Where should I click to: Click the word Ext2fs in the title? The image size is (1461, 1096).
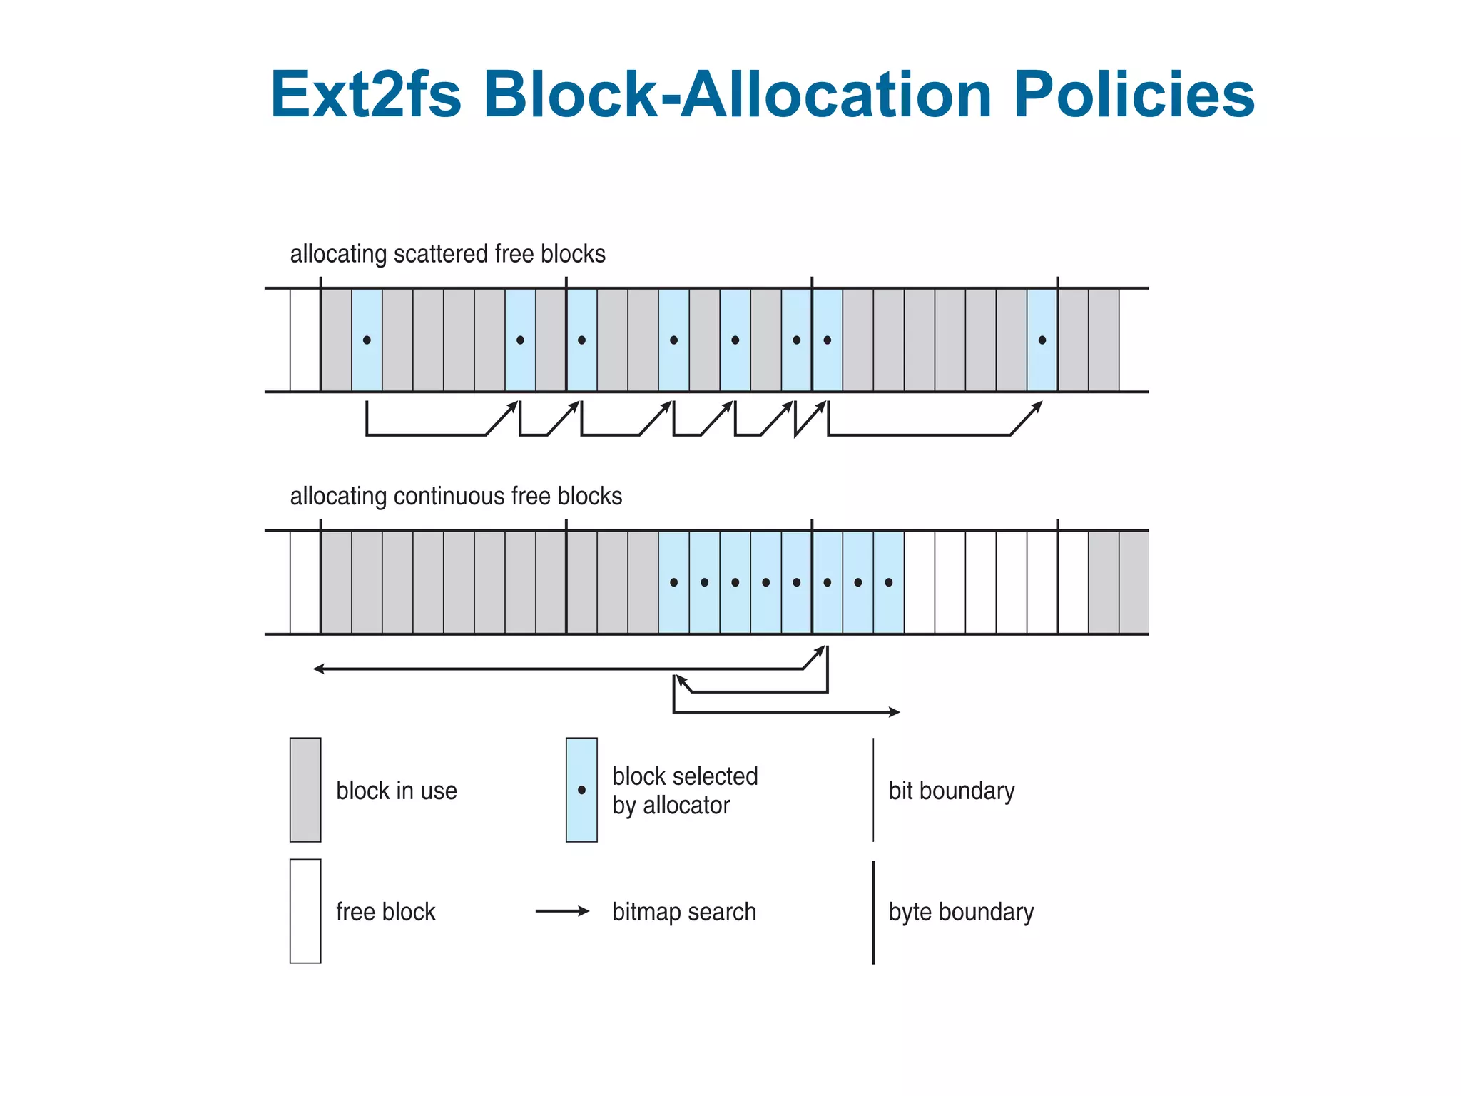coord(366,94)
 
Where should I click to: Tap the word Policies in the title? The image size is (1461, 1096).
coord(1134,94)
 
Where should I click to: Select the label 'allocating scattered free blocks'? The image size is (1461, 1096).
coord(447,254)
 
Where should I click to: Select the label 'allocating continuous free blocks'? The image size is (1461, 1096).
coord(456,496)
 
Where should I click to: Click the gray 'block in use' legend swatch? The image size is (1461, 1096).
coord(305,790)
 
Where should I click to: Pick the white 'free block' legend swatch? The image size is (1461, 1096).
coord(305,911)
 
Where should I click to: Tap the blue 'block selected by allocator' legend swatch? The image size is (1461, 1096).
coord(581,790)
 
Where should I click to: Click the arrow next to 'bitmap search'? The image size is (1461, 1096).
coord(563,911)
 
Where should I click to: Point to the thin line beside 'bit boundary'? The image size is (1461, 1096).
coord(873,790)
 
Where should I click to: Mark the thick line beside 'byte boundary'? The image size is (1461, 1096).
coord(873,912)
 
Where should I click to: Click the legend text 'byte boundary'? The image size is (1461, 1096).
coord(961,912)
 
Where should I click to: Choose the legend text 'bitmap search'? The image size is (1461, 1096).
coord(684,912)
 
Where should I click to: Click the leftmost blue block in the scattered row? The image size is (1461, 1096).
coord(367,340)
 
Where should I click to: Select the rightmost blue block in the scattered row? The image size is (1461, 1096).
coord(1042,340)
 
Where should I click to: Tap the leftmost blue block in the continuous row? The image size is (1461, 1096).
coord(673,582)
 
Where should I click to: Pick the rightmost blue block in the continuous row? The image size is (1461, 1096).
coord(889,582)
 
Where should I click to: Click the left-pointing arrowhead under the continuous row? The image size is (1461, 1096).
coord(318,669)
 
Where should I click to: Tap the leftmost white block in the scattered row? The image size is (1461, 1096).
coord(305,340)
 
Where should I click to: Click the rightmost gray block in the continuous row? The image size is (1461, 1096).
coord(1134,582)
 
